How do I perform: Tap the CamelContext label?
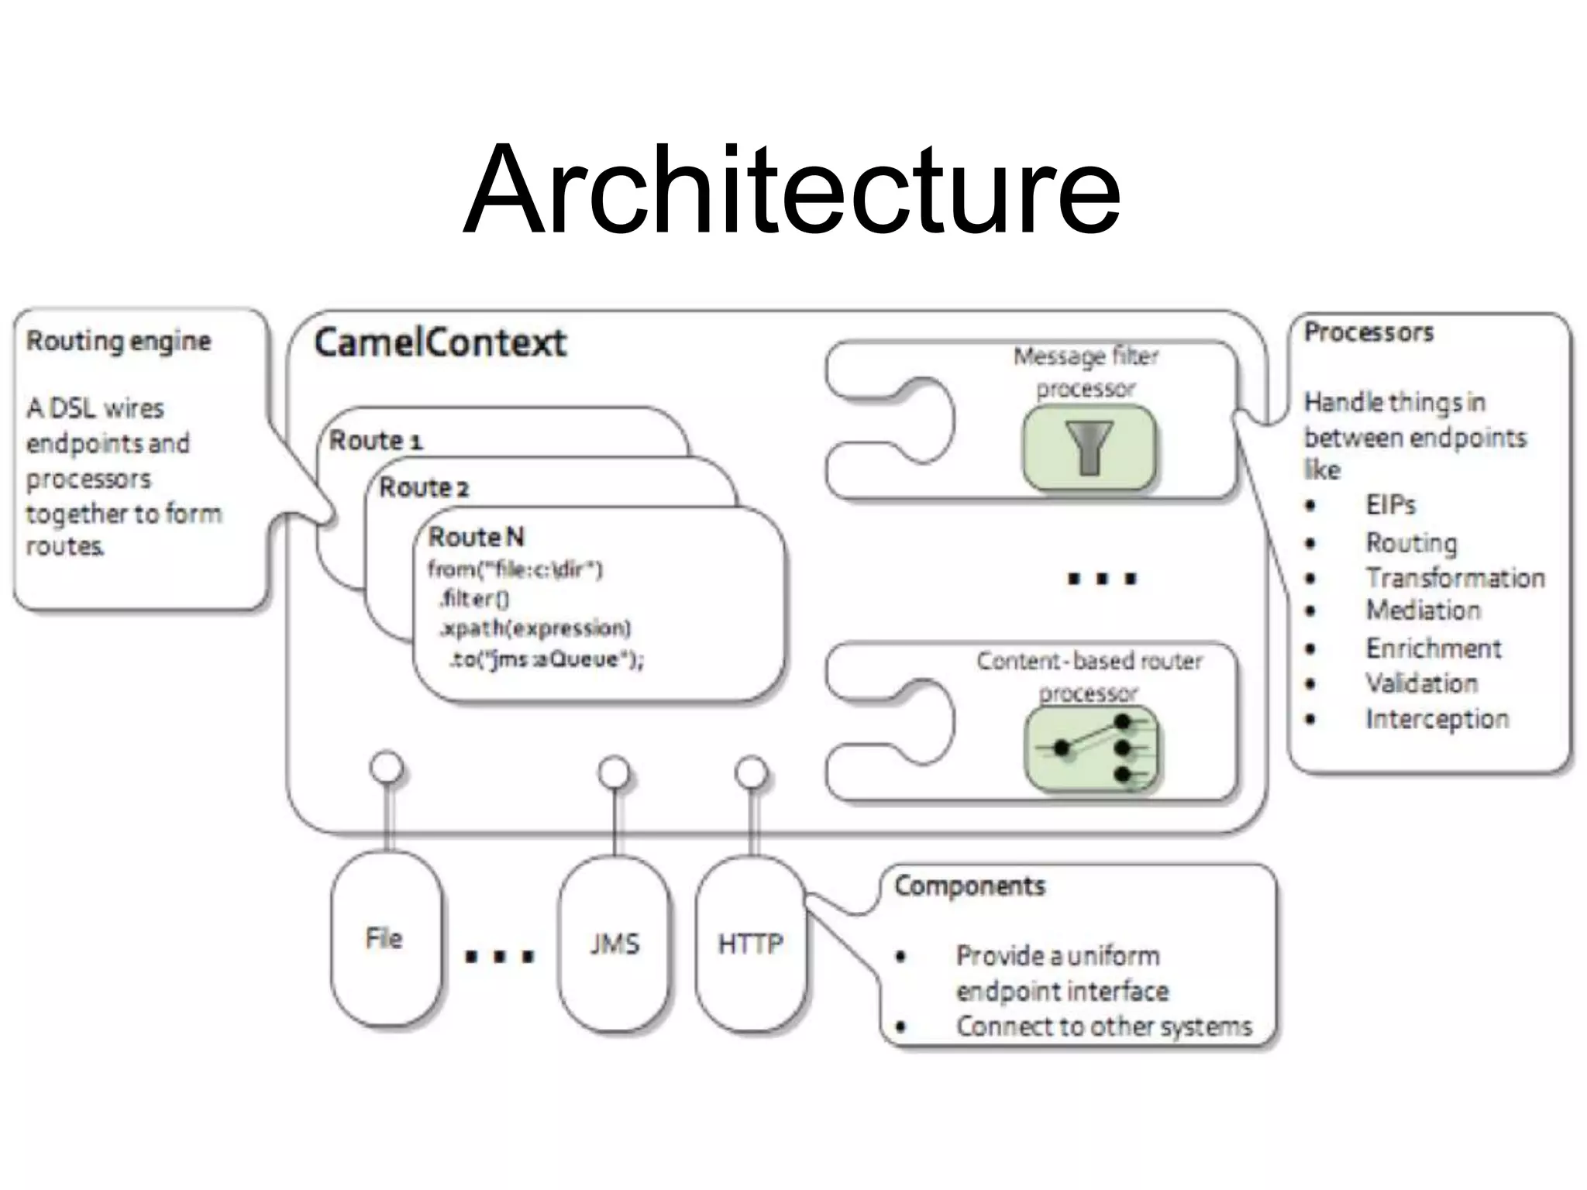[440, 342]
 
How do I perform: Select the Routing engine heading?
[119, 341]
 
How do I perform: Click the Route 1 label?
[376, 440]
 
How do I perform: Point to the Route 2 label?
[424, 487]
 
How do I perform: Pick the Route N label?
[476, 536]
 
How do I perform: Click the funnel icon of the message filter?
[1089, 447]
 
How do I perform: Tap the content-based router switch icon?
[1091, 748]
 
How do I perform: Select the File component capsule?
[385, 938]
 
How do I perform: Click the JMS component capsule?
[614, 944]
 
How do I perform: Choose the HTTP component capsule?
[750, 944]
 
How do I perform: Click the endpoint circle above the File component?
[387, 768]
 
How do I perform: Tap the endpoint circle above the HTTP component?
[751, 772]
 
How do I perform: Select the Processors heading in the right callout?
[1368, 332]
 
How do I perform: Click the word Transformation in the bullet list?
[1454, 578]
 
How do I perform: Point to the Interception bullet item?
[1437, 719]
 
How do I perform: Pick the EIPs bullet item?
[1390, 505]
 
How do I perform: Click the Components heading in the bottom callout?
[969, 886]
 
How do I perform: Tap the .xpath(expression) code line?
[535, 628]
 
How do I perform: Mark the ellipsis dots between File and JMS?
[500, 956]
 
